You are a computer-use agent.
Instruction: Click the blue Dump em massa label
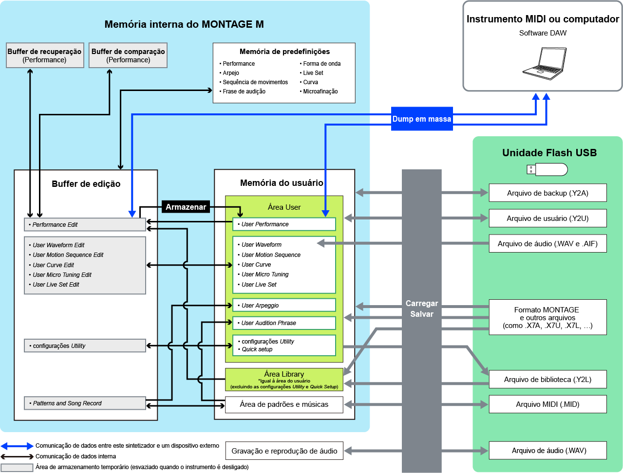(422, 119)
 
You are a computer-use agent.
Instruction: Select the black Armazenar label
(186, 207)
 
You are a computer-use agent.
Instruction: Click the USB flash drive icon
(547, 169)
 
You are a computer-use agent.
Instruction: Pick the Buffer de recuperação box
(44, 55)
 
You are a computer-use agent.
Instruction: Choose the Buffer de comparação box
(128, 55)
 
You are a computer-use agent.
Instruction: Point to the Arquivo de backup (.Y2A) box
(547, 193)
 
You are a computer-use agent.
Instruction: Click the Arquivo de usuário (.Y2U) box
(547, 218)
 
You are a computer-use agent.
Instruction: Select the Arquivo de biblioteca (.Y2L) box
(547, 380)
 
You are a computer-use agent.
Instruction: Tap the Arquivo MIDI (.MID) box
(547, 404)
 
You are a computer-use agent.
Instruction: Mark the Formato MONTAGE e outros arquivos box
(547, 317)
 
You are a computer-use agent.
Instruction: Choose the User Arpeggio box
(284, 306)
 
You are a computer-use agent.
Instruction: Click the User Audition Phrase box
(284, 323)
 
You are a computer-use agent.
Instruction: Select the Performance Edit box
(85, 225)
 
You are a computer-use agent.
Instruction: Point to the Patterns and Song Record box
(85, 403)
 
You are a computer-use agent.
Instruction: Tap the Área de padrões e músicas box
(284, 404)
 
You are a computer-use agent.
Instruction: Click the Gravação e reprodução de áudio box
(284, 451)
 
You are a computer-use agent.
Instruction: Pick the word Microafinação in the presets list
(320, 91)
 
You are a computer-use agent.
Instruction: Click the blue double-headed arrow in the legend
(17, 446)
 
